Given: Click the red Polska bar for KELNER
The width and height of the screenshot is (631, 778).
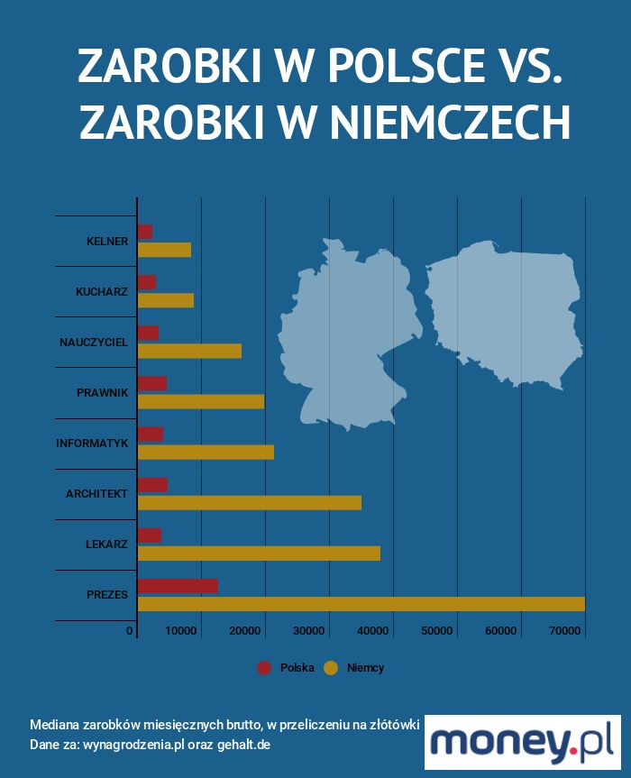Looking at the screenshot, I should click(145, 232).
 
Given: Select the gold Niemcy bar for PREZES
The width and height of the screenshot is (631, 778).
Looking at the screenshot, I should click(361, 604).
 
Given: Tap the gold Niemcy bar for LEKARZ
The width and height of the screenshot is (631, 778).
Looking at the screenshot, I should click(259, 554).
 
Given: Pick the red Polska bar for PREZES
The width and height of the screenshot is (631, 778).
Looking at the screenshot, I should click(178, 586).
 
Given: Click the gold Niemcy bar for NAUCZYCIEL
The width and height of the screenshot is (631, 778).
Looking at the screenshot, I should click(189, 351).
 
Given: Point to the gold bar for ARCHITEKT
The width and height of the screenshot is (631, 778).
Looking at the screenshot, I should click(249, 503).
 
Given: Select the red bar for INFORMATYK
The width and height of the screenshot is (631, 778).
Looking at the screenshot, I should click(151, 435).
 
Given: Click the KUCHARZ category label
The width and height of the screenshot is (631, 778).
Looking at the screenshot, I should click(102, 292).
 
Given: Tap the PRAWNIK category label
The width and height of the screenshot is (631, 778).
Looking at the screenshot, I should click(103, 393).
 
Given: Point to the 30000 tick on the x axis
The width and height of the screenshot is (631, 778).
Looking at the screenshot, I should click(309, 631).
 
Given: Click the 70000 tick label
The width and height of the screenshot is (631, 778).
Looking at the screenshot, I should click(565, 631).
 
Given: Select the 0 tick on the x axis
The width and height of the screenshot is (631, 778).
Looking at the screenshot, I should click(131, 631).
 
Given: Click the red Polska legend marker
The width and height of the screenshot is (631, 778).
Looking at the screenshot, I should click(264, 668).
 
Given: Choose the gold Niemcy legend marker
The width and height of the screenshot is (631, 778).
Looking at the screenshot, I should click(331, 668).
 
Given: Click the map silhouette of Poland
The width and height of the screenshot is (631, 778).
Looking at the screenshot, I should click(505, 311).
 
